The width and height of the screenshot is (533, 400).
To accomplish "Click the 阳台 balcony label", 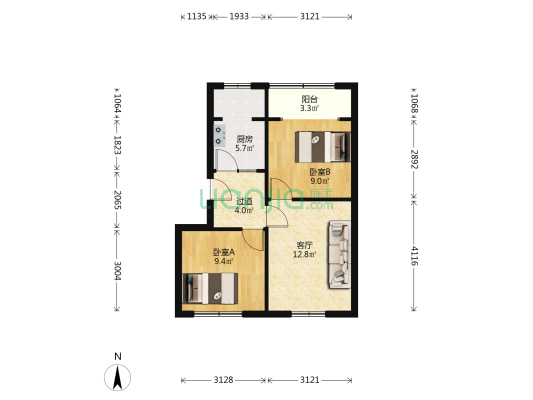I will click(x=310, y=99).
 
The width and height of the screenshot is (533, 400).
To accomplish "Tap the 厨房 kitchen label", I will click(x=244, y=139).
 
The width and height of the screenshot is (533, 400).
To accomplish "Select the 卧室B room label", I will click(x=320, y=171).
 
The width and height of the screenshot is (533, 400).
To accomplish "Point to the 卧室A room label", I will click(x=222, y=252).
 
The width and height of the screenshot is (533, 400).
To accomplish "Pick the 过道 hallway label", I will click(x=243, y=200).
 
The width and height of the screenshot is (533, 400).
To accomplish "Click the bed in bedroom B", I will click(x=325, y=146).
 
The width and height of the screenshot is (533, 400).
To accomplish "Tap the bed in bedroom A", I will click(x=209, y=288).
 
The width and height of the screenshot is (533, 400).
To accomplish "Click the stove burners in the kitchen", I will click(x=218, y=136).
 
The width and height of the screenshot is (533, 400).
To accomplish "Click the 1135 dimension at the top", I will click(x=196, y=17).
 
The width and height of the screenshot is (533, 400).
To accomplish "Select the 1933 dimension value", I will click(x=240, y=17).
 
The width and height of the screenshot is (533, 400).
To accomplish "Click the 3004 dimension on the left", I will click(x=118, y=270).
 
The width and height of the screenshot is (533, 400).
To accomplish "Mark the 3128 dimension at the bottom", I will click(x=223, y=380).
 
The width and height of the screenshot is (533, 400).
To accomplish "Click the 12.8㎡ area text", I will click(x=304, y=254).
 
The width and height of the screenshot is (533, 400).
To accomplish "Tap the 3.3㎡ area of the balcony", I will click(x=310, y=110).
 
